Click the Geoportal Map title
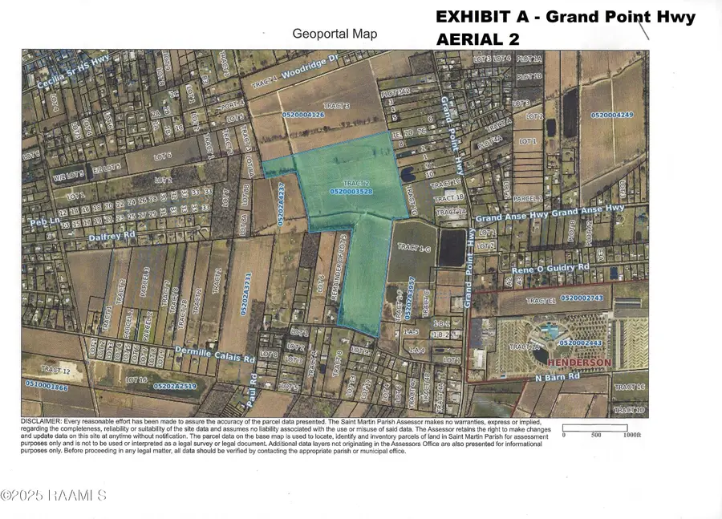(335, 34)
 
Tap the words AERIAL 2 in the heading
(477, 39)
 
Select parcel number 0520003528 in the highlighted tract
(351, 192)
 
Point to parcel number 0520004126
(303, 115)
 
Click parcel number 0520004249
(612, 115)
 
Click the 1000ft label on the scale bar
(630, 435)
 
